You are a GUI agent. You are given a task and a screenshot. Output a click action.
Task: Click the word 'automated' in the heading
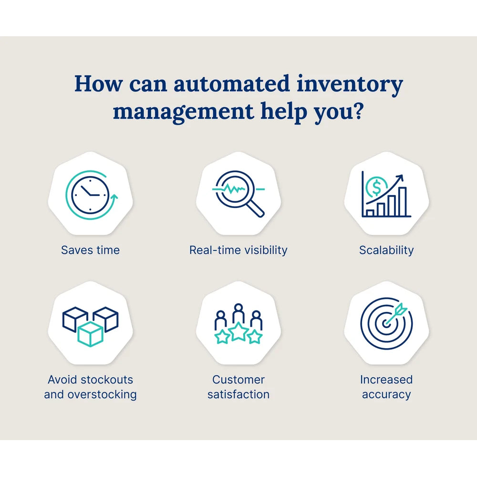pos(231,84)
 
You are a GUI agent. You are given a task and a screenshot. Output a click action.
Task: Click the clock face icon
pos(90,195)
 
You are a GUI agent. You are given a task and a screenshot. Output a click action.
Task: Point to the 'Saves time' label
pos(90,250)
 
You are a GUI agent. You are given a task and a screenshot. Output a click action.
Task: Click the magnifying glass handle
pos(255,209)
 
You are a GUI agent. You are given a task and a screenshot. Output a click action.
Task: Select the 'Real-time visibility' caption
pos(238,250)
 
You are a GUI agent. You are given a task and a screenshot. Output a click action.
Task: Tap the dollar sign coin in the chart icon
pos(376,187)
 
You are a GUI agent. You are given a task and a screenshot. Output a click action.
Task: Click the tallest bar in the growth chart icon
pos(402,202)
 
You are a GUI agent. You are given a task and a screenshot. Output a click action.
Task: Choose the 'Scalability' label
pos(386,250)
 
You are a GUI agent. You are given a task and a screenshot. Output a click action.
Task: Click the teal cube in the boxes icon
pos(90,333)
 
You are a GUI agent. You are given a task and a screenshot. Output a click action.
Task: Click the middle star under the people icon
pos(238,332)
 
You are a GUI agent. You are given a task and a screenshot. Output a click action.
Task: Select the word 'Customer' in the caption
pos(238,380)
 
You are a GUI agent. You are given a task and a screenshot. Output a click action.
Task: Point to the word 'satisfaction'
pos(238,394)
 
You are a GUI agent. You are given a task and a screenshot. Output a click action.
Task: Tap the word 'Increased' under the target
pos(386,380)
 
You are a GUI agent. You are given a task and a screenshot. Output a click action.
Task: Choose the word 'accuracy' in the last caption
pos(386,394)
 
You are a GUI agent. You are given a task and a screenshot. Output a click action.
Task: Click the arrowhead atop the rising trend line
pos(400,177)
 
